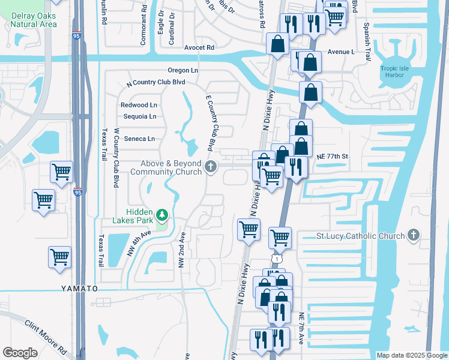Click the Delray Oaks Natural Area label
pos(33,20)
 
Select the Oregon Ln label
pos(183,70)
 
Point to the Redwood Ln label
pos(139,105)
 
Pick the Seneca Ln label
pos(139,139)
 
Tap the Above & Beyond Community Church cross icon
pos(211,167)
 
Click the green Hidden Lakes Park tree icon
pos(161,215)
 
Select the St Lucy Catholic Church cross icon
pos(414,236)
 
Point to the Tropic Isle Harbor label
pos(394,72)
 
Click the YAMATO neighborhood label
pos(79,289)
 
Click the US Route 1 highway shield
pos(276,258)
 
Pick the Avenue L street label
pos(340,52)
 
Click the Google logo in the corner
pos(20,353)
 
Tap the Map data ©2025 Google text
pos(411,355)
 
